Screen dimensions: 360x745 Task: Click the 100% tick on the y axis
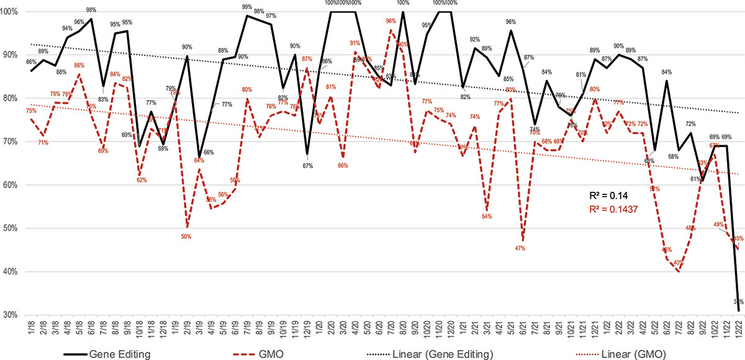pyautogui.click(x=11, y=11)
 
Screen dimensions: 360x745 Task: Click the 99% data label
pyautogui.click(x=248, y=7)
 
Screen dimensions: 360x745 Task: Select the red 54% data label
pyautogui.click(x=487, y=217)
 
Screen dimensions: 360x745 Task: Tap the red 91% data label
pyautogui.click(x=355, y=43)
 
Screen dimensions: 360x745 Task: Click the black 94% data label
pyautogui.click(x=67, y=29)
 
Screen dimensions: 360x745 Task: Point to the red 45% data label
pyautogui.click(x=739, y=238)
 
